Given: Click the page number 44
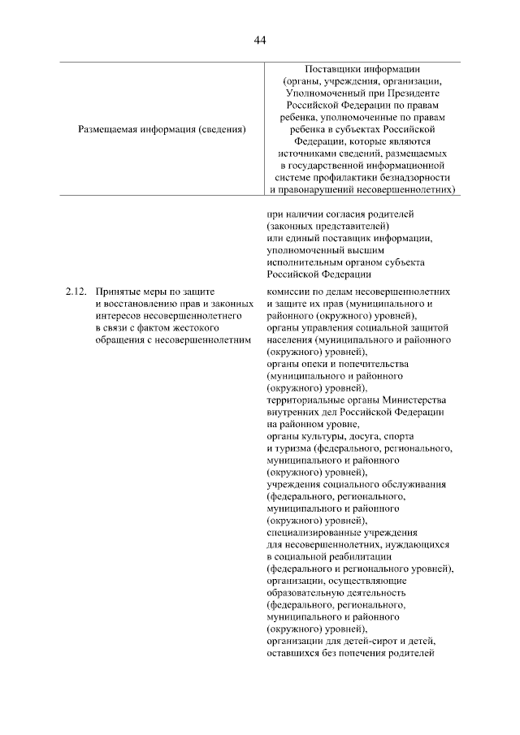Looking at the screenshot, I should tap(260, 40).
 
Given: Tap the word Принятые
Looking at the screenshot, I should tap(117, 291).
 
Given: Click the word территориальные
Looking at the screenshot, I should tap(308, 400).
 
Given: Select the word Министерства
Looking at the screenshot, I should tap(410, 400).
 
